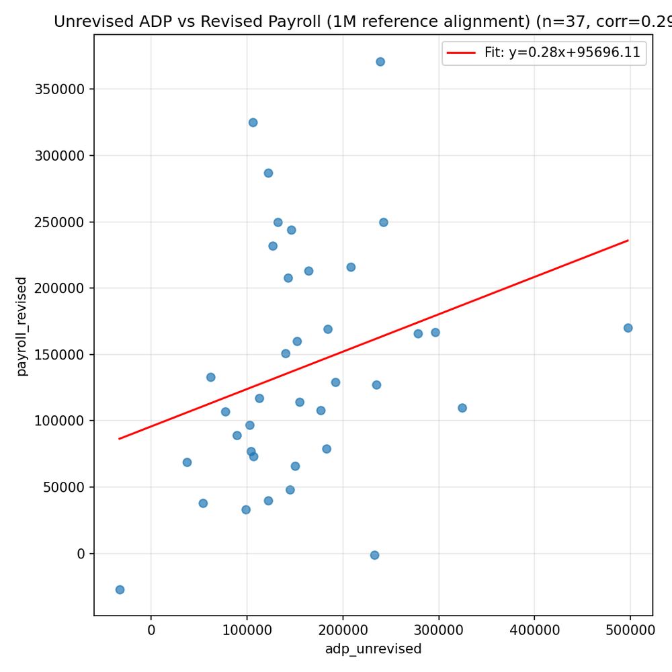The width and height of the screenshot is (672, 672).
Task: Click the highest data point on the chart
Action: [380, 62]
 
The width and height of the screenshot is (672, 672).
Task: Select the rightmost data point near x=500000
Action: [628, 328]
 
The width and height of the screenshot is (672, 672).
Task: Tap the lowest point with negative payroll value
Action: [120, 589]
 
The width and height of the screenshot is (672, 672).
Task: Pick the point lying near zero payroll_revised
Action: [374, 555]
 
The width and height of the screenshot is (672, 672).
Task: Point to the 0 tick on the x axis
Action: [151, 630]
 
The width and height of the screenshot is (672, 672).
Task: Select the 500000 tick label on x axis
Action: [630, 630]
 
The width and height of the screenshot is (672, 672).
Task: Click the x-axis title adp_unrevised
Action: [373, 649]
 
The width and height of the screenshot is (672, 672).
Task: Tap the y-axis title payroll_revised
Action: [22, 326]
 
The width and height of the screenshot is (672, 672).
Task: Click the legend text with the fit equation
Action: [562, 52]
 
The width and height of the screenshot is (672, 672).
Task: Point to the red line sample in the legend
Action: [461, 52]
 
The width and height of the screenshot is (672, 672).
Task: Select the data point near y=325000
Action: [253, 122]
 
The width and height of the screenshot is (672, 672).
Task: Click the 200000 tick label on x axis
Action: [343, 630]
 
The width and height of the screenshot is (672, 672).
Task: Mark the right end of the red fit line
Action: [628, 240]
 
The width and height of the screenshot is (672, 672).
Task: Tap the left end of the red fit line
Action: [120, 439]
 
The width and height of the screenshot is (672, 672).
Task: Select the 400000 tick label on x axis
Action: [534, 630]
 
